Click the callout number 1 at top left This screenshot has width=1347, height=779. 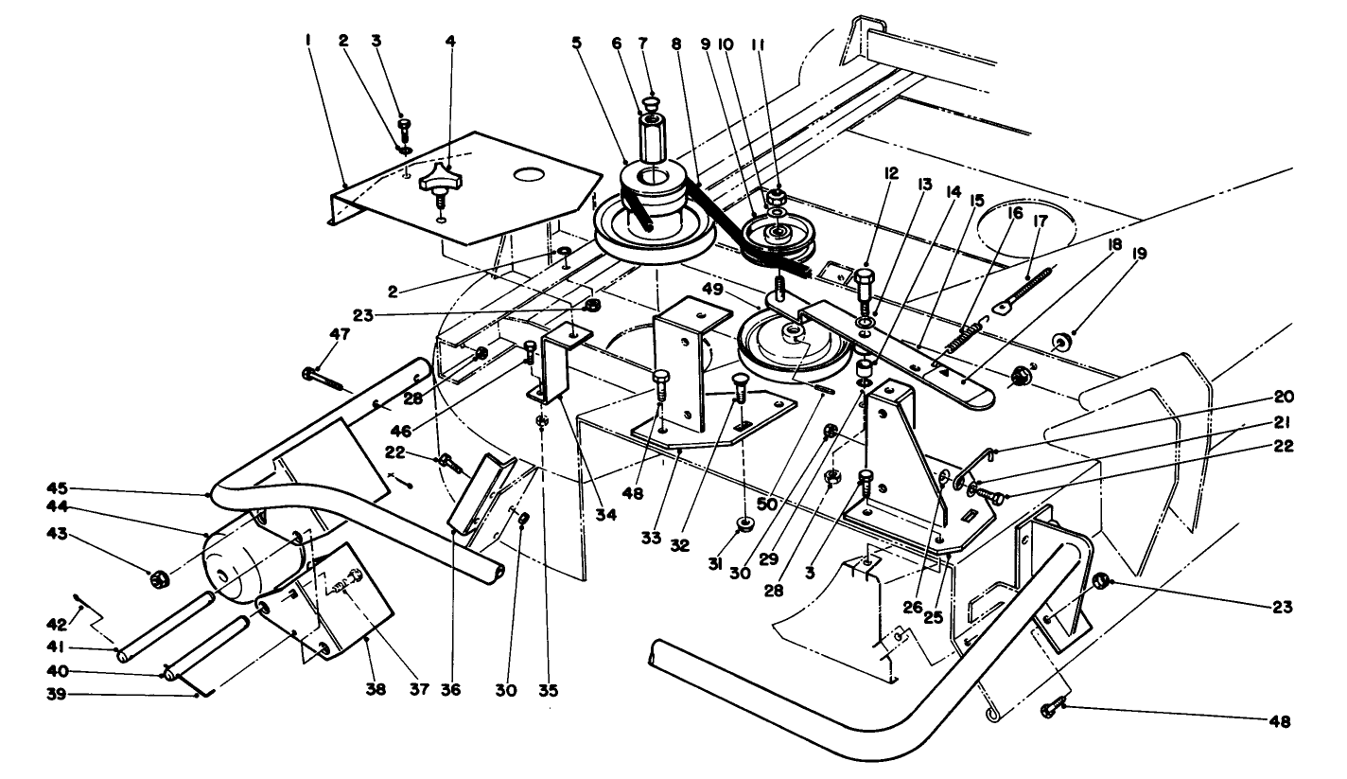pyautogui.click(x=307, y=41)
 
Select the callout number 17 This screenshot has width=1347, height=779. pyautogui.click(x=1041, y=221)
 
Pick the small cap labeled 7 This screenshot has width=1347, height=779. pyautogui.click(x=653, y=103)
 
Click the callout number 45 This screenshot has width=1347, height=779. pyautogui.click(x=59, y=487)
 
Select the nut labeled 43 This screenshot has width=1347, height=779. pyautogui.click(x=159, y=580)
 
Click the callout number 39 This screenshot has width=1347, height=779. pyautogui.click(x=57, y=695)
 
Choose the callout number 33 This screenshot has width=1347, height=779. pyautogui.click(x=651, y=539)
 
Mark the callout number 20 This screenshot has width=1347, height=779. pyautogui.click(x=1284, y=398)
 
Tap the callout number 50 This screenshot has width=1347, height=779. pyautogui.click(x=767, y=504)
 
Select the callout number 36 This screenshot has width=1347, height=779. pyautogui.click(x=450, y=689)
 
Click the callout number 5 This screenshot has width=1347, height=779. pyautogui.click(x=577, y=43)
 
